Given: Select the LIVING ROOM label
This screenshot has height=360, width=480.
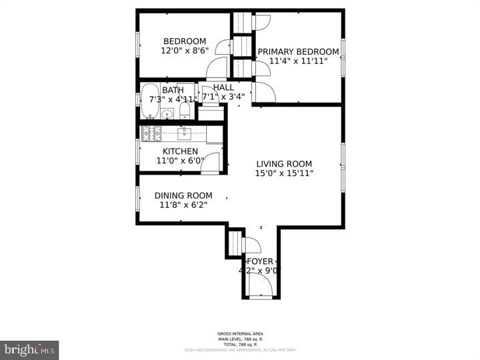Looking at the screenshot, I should pos(284,164).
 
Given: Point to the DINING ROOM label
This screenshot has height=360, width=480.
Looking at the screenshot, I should pos(183,195).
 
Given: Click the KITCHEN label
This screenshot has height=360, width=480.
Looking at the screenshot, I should pos(180,151).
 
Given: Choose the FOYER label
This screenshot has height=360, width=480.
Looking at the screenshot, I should pos(260,261).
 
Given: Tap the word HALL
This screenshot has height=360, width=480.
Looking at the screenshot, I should pos(223,87).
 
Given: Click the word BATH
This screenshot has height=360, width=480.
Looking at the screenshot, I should pos(173,90).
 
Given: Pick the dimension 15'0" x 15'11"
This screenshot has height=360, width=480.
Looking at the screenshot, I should pos(285,173).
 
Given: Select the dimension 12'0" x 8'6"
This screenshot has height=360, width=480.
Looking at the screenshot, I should pos(185,51).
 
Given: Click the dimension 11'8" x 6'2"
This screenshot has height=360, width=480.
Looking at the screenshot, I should pos(183,205).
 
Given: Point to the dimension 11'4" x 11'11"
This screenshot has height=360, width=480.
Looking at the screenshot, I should pos(298,61).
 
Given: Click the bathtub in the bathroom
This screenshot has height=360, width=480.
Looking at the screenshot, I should pos(151,100).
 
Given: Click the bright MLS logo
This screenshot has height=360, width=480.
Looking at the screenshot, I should pos(29,349).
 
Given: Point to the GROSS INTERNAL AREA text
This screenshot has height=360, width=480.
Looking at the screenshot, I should pos(239,333).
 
